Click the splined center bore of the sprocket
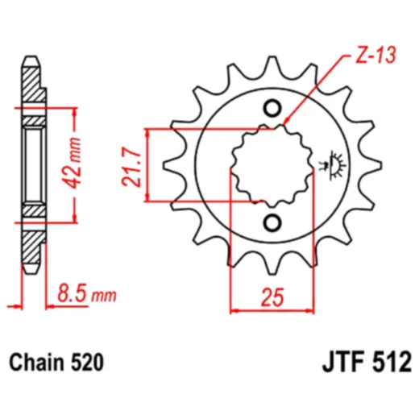click(271, 165)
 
